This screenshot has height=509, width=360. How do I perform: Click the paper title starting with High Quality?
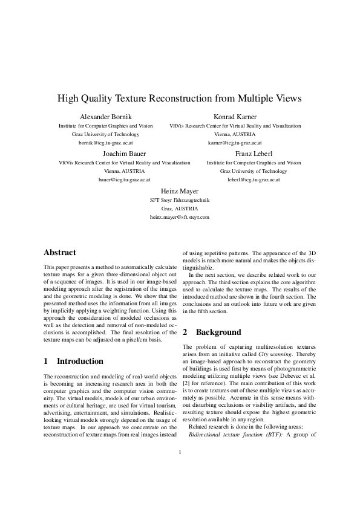click(179, 98)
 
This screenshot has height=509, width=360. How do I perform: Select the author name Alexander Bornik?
click(105, 117)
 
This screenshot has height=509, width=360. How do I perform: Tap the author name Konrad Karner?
click(235, 117)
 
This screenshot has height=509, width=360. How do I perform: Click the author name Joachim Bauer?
click(125, 154)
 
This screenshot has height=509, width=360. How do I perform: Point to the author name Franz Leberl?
click(254, 154)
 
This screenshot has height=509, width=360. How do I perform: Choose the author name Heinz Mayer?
click(180, 190)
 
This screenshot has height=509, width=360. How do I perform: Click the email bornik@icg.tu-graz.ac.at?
click(105, 143)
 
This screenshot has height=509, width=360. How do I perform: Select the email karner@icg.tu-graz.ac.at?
click(235, 143)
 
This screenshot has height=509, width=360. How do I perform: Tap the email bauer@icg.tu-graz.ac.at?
click(125, 180)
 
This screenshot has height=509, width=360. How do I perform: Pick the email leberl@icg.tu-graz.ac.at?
click(254, 180)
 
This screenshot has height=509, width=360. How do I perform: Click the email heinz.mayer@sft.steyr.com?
click(180, 216)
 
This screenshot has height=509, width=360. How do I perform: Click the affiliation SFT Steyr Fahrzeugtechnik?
click(180, 199)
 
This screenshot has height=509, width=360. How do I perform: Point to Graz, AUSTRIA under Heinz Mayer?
click(180, 208)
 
